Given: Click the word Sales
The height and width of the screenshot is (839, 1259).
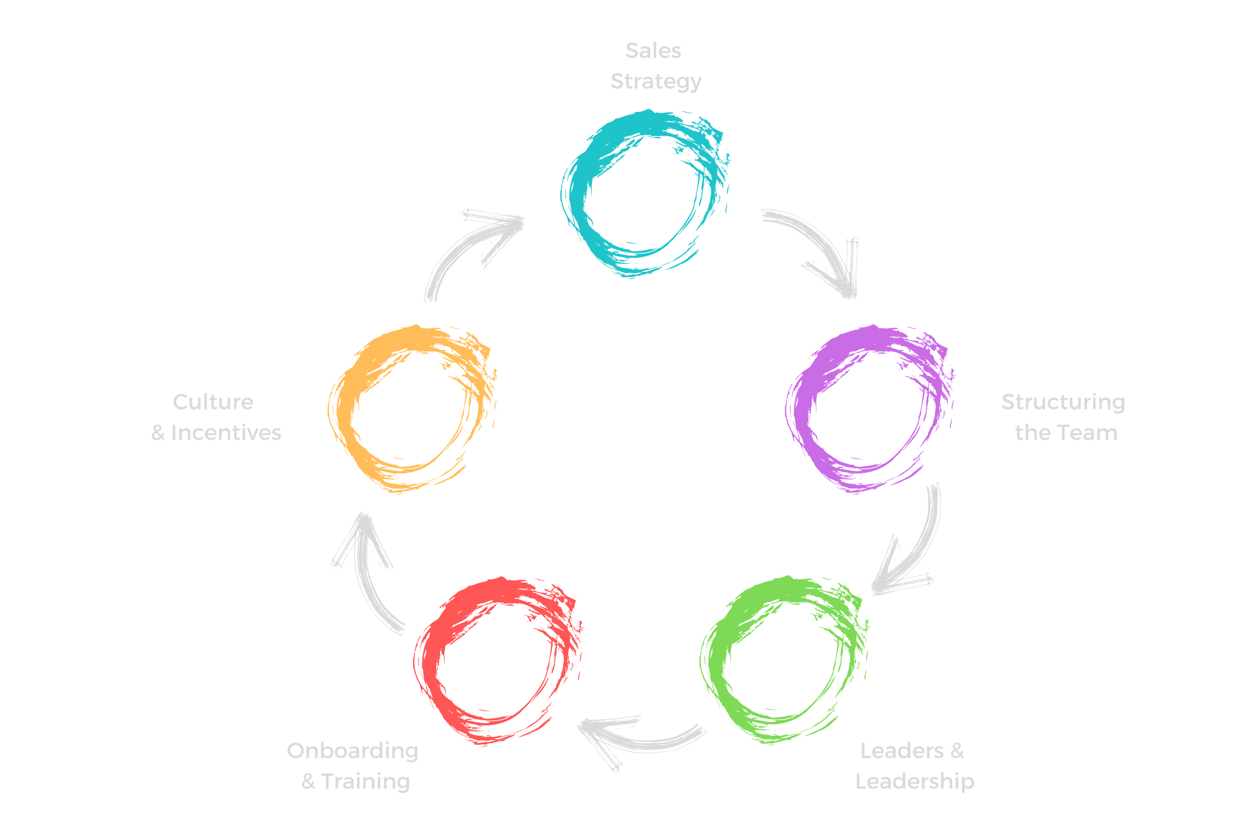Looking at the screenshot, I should (x=653, y=51).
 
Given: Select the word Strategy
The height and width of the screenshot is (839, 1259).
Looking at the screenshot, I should (x=656, y=82).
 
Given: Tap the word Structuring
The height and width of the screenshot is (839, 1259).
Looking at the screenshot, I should (x=1063, y=402).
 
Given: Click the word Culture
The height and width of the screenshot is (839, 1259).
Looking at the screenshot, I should (x=212, y=402).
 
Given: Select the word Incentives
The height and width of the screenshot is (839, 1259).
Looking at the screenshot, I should (x=226, y=433).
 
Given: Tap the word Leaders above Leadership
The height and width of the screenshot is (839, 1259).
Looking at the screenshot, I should (x=901, y=751).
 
